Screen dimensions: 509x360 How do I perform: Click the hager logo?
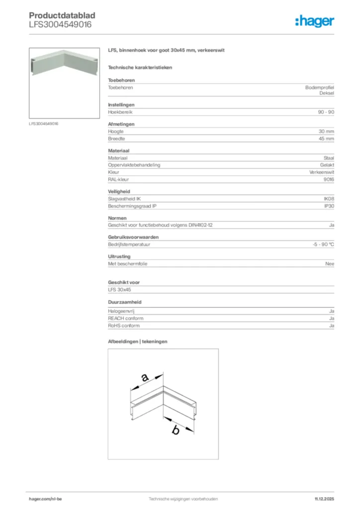[x=314, y=21]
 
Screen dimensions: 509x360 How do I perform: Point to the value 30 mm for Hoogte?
[x=326, y=132]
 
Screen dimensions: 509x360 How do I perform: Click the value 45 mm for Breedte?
[x=326, y=139]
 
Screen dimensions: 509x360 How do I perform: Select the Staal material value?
[x=329, y=158]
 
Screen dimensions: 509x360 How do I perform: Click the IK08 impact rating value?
[x=329, y=199]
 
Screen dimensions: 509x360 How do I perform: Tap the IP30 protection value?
[x=329, y=206]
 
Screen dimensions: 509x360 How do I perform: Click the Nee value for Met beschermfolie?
[x=329, y=264]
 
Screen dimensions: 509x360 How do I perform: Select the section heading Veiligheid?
[x=119, y=191]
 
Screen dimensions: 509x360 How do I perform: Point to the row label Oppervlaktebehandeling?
[x=134, y=165]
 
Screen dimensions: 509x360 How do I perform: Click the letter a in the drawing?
[x=145, y=378]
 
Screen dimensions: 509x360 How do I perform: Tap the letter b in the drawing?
[x=175, y=430]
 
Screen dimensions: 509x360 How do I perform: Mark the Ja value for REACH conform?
[x=331, y=318]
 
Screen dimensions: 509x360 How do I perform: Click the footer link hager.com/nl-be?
[x=46, y=499]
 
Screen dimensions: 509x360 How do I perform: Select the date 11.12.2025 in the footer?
[x=324, y=499]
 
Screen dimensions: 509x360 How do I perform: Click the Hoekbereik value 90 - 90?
[x=326, y=112]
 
